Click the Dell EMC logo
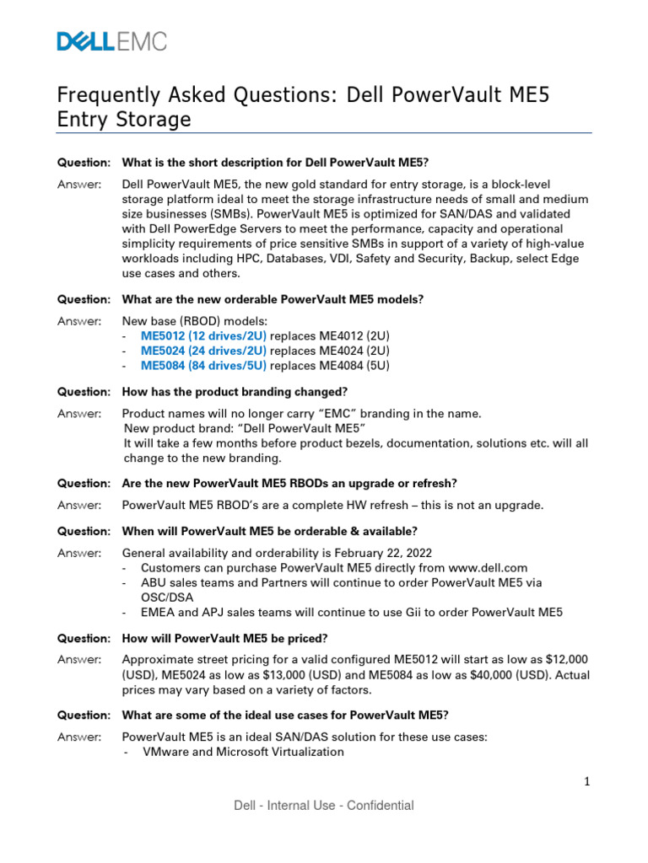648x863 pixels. [111, 41]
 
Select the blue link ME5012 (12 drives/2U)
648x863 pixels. [203, 335]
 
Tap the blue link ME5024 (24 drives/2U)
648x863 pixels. [203, 351]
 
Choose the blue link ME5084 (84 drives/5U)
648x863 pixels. [203, 366]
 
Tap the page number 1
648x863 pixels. [587, 782]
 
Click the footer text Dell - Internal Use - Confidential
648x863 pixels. [324, 806]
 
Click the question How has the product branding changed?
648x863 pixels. [235, 392]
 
